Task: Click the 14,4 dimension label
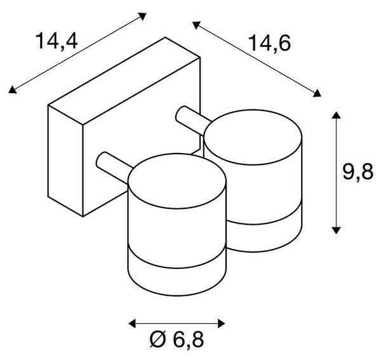(57, 41)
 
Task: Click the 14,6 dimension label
(270, 44)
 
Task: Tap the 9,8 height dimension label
(358, 172)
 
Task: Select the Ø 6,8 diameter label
(177, 339)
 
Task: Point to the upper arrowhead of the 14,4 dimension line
(143, 16)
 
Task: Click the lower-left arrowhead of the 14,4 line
(11, 90)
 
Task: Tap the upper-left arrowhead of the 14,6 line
(196, 25)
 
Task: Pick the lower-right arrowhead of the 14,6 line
(317, 93)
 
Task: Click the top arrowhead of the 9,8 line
(336, 115)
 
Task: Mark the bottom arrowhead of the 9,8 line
(336, 230)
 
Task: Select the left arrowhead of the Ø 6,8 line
(132, 324)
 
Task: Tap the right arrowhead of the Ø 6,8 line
(222, 324)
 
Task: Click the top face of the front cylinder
(177, 181)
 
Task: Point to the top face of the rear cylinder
(253, 137)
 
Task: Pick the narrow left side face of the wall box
(65, 161)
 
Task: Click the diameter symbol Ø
(158, 339)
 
